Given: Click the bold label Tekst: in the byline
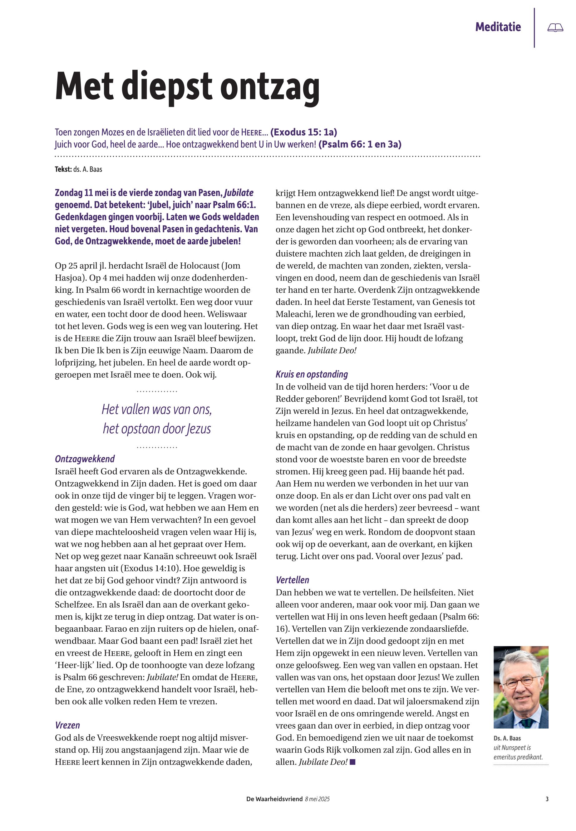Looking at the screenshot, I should point(63,169).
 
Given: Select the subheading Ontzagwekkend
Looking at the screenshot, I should point(85,459).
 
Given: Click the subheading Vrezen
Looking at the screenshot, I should point(67,725).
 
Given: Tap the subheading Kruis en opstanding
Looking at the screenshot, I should point(312,374).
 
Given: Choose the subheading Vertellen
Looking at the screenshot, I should point(292,580).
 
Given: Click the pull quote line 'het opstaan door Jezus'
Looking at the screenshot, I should point(157,429).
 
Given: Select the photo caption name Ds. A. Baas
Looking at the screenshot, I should point(507,738).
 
